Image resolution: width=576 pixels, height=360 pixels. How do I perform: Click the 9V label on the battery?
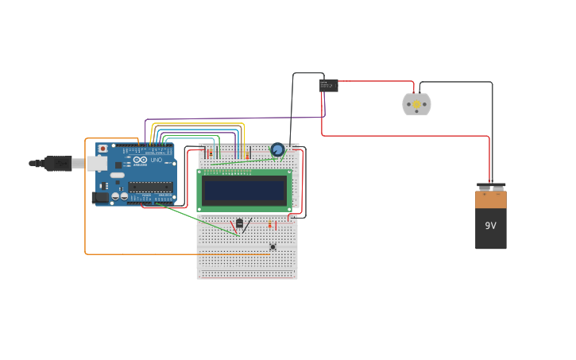pos(490,226)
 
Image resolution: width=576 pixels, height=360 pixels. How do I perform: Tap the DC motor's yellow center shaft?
pos(416,104)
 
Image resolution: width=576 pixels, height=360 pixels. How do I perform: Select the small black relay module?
pos(329,86)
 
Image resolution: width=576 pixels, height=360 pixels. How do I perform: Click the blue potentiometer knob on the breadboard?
pos(277,149)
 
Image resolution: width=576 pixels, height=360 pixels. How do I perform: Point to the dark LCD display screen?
pos(244,190)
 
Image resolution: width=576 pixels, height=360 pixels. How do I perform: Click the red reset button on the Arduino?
pos(102,149)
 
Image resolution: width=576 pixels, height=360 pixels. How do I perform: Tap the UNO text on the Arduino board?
pos(157,160)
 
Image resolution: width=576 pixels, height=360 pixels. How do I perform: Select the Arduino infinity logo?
pos(140,160)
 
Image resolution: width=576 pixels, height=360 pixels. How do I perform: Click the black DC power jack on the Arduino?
pos(100,196)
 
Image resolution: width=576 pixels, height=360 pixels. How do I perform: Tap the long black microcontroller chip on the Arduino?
pos(150,187)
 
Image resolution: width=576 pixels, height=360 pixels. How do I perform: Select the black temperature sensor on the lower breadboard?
pos(239,224)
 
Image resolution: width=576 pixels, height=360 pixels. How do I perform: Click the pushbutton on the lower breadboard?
pos(273,246)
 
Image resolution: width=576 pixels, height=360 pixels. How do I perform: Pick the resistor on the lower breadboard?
pos(269,225)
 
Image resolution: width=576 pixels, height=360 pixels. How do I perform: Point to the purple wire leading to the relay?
pos(238,118)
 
